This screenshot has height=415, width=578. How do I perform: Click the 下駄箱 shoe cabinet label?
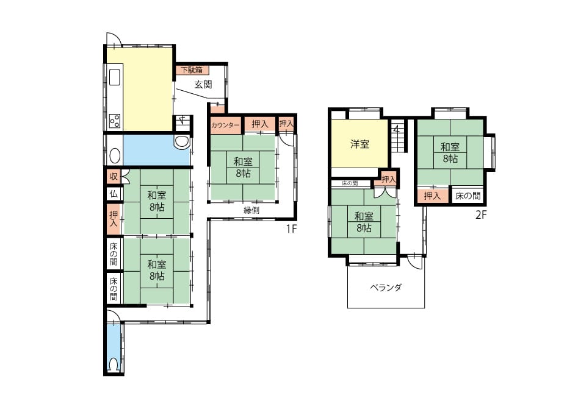point(192,70)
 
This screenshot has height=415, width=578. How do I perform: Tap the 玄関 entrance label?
point(203,84)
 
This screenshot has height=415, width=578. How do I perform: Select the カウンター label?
point(225,125)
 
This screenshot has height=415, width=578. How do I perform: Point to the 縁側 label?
point(251,210)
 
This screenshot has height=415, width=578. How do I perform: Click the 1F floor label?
point(291,229)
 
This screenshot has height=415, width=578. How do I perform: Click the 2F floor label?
point(481,215)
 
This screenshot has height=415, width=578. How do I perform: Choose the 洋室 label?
point(359,144)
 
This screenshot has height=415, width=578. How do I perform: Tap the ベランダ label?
point(386,288)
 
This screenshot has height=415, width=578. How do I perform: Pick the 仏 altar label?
point(114,193)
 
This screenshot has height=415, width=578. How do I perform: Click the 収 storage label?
point(114,177)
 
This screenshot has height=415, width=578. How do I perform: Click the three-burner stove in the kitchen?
point(115,121)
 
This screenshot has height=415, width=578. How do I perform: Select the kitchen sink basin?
point(115,77)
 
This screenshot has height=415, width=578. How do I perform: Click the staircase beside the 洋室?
point(398,135)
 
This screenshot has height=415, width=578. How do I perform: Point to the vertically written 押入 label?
point(114,219)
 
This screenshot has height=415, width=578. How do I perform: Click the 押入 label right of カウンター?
point(260,124)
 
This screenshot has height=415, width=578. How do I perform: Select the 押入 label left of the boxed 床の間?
point(432,196)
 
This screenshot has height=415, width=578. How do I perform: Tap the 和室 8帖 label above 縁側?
point(243,168)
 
